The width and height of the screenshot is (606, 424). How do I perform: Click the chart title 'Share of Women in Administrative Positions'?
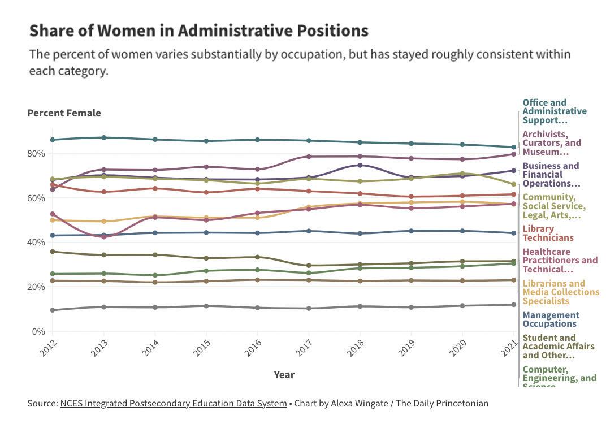coord(198,31)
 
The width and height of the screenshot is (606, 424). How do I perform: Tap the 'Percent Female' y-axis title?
coord(64,113)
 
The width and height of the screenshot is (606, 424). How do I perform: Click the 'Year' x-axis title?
coord(284,374)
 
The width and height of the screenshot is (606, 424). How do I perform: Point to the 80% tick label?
coord(36,154)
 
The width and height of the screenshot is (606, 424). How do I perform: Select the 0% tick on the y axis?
coord(38,331)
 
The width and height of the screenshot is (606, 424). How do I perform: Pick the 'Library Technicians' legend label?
coord(547,233)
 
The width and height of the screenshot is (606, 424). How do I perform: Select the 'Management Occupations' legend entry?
coord(551,319)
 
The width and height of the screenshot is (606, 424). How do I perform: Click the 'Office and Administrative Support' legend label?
coord(554,111)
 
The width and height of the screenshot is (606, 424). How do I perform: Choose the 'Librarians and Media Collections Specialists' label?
coord(560,292)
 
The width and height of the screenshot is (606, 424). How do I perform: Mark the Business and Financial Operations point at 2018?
coord(360,165)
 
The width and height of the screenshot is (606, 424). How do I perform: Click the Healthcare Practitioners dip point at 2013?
coord(103,237)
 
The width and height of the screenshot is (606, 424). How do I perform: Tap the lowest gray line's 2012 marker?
coord(53,310)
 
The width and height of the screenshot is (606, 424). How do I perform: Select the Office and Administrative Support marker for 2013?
coord(103,137)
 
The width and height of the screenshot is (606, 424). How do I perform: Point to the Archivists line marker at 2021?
coord(513,154)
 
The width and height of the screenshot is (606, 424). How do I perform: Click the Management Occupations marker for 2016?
coord(257,233)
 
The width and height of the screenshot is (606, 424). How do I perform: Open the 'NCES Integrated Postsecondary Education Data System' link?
coord(173,403)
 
